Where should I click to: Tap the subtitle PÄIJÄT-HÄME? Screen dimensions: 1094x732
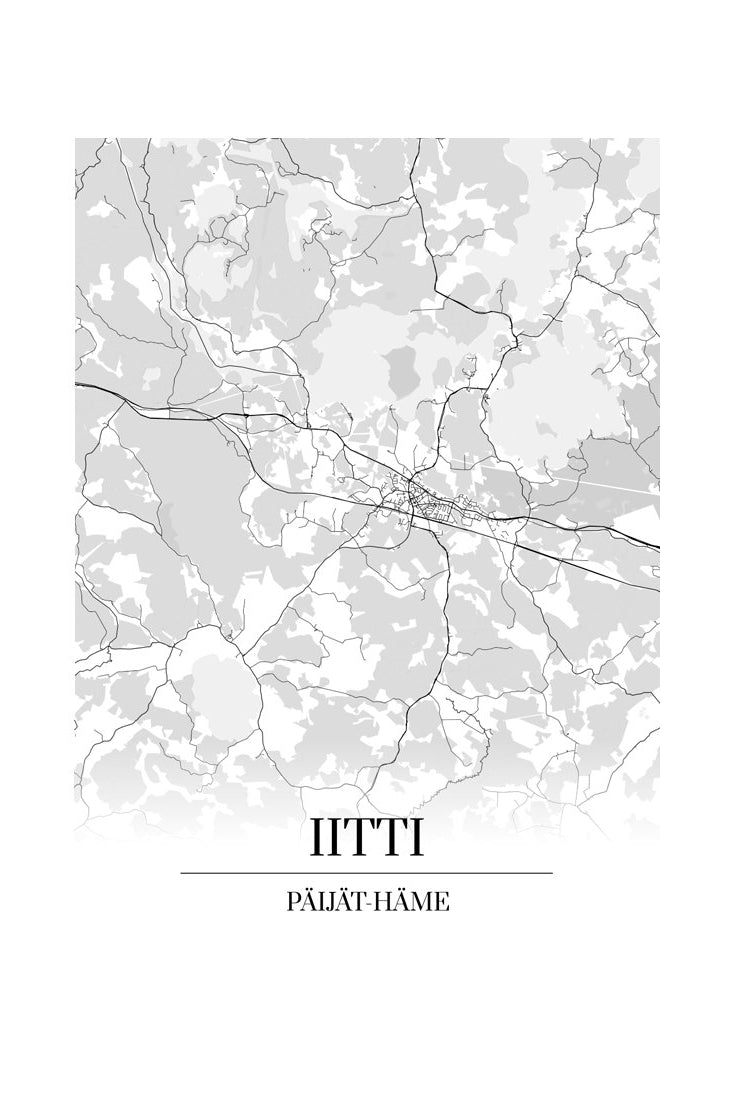(x=366, y=902)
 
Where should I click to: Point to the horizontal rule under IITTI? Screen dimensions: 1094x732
(x=366, y=873)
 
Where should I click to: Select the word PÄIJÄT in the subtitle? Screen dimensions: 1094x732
(x=322, y=902)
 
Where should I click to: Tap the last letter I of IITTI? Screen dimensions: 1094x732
(x=414, y=838)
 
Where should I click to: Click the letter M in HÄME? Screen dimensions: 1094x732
(x=424, y=902)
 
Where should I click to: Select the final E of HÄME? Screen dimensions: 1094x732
(x=442, y=902)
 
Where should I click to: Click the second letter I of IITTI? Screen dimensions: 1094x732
(x=334, y=838)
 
